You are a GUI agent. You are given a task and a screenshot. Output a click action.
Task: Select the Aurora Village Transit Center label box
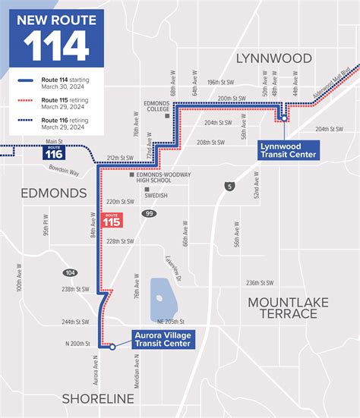pyautogui.click(x=162, y=338)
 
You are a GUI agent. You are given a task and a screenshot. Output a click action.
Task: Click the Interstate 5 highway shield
pyautogui.click(x=231, y=185)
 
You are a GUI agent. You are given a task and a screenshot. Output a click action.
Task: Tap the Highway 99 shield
pyautogui.click(x=150, y=215)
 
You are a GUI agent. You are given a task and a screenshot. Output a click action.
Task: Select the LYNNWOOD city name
pyautogui.click(x=274, y=58)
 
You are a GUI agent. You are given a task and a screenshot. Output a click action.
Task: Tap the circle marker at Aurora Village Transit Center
pyautogui.click(x=112, y=347)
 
